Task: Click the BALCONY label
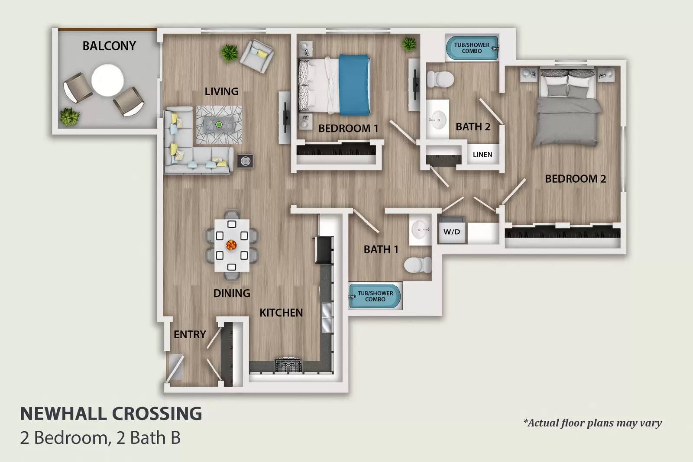[109, 46]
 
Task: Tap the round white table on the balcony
[107, 80]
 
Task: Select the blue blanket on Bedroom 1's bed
[354, 85]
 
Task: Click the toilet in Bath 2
[440, 79]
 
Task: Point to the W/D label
[452, 232]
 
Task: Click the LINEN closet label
[483, 155]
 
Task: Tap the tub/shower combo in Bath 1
[375, 296]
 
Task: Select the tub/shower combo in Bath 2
[471, 48]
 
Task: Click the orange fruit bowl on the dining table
[231, 245]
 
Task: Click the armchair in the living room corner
[257, 56]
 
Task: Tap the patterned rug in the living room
[219, 125]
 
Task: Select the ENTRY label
[190, 334]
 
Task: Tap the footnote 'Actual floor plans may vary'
[593, 423]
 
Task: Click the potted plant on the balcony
[69, 117]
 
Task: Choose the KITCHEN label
[281, 313]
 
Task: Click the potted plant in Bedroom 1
[408, 44]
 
